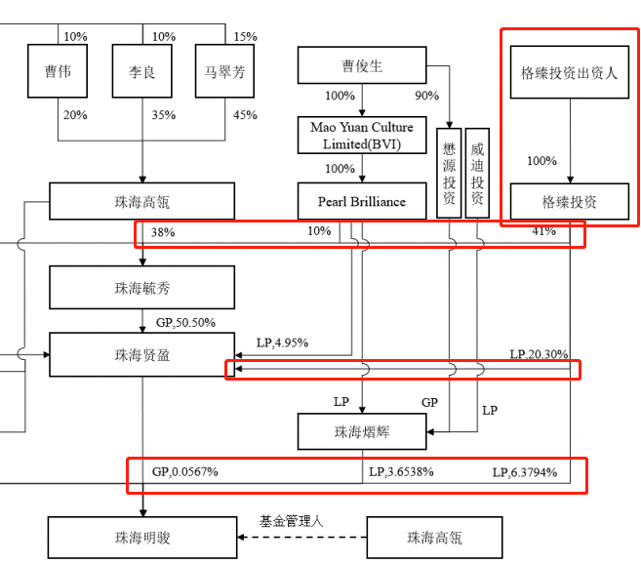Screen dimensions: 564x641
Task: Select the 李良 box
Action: click(142, 72)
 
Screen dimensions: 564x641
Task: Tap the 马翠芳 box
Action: click(224, 72)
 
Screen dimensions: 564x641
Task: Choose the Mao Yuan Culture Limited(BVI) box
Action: click(362, 136)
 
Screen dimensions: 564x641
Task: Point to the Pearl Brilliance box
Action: click(362, 202)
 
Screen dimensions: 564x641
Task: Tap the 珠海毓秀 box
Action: click(142, 289)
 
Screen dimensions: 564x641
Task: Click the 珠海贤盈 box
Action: click(142, 355)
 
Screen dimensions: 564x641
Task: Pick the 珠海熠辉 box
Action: click(362, 430)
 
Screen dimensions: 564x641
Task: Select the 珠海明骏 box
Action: click(142, 538)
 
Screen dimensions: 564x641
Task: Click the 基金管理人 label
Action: click(291, 521)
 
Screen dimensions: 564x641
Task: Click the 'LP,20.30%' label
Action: click(539, 354)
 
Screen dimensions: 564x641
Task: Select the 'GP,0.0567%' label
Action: click(185, 472)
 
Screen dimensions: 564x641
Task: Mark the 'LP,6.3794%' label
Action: click(525, 472)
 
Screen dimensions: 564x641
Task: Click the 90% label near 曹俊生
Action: click(426, 96)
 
